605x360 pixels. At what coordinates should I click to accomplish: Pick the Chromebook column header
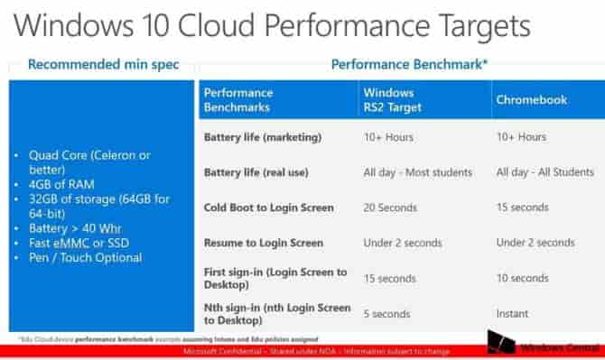pos(532,100)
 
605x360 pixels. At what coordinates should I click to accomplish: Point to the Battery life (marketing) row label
pos(263,137)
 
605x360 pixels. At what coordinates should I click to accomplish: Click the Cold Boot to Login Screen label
pos(269,208)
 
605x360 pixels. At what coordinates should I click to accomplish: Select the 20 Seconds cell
pos(391,208)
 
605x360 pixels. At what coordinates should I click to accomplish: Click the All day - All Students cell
pos(545,172)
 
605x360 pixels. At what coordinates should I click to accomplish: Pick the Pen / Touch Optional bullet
pos(85,258)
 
